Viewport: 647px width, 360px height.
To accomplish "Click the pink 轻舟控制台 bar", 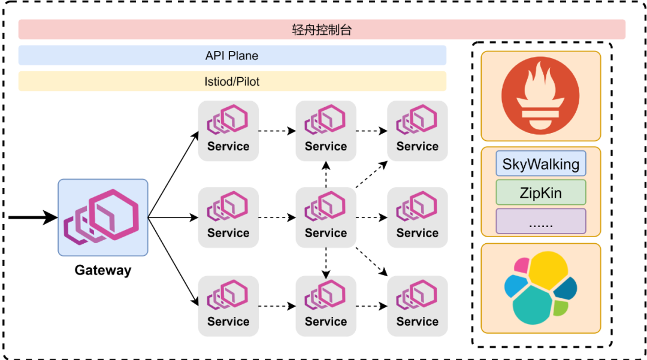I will pyautogui.click(x=322, y=29).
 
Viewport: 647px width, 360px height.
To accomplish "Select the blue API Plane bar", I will pyautogui.click(x=232, y=56).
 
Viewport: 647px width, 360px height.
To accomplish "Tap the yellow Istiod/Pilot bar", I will pyautogui.click(x=232, y=81).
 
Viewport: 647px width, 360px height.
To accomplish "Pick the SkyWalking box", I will pyautogui.click(x=540, y=164).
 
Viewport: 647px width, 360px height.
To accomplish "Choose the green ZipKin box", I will pyautogui.click(x=540, y=193).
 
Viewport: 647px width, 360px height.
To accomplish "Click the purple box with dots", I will pyautogui.click(x=540, y=222).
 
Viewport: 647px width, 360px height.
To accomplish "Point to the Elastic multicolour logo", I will pyautogui.click(x=540, y=288).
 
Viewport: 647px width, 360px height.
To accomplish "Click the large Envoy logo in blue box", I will pyautogui.click(x=103, y=217).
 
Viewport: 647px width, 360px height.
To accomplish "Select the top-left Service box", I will pyautogui.click(x=228, y=131).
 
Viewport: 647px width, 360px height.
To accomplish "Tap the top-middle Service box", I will pyautogui.click(x=326, y=131).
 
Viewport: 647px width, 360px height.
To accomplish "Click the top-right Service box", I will pyautogui.click(x=418, y=131).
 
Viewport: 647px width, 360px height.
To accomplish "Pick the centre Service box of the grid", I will pyautogui.click(x=326, y=217).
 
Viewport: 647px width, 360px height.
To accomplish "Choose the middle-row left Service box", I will pyautogui.click(x=228, y=217).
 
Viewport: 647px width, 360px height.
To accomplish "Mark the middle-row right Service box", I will pyautogui.click(x=418, y=217).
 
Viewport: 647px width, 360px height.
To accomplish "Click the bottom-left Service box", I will pyautogui.click(x=228, y=306).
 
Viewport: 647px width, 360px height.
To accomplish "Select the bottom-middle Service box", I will pyautogui.click(x=326, y=306).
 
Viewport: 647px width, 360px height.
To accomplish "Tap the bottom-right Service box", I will pyautogui.click(x=418, y=306).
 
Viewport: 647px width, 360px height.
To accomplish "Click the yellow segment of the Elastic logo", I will pyautogui.click(x=549, y=270).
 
